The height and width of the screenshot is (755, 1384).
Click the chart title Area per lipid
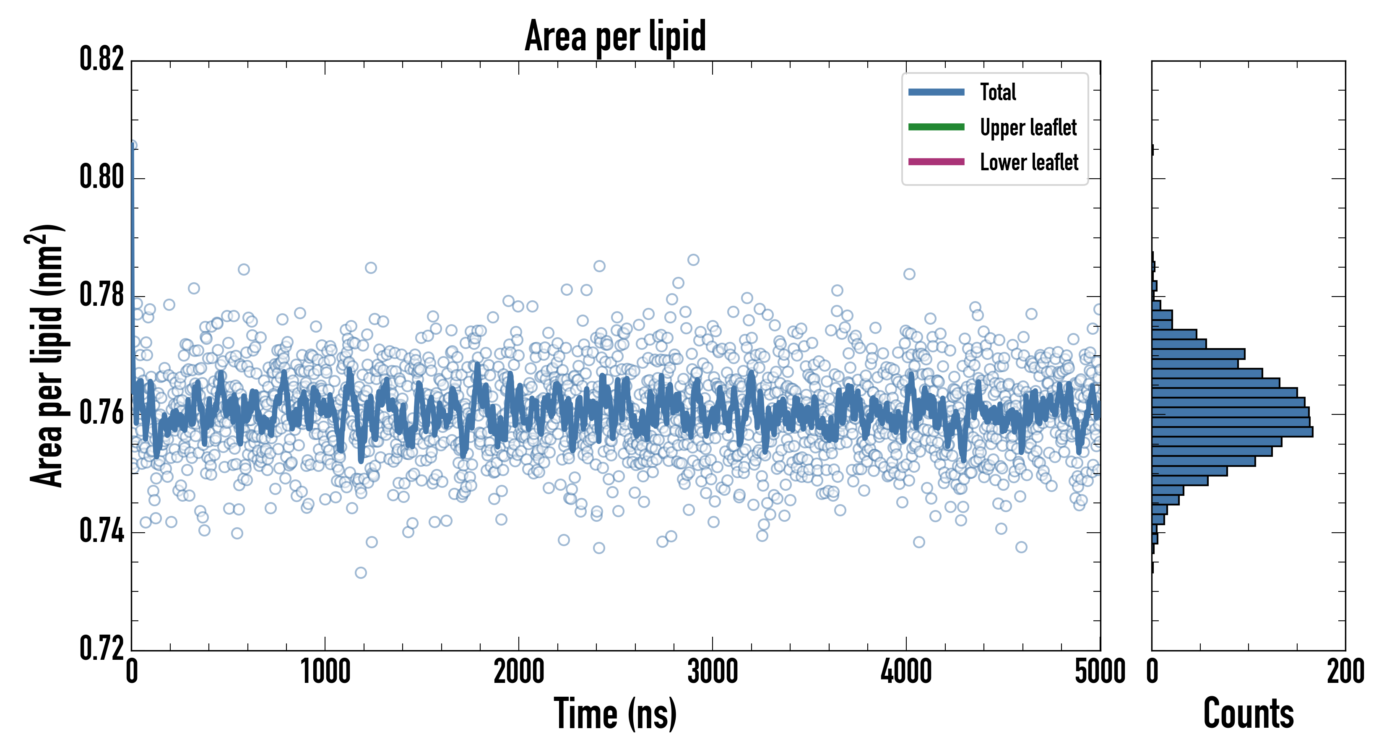coord(615,36)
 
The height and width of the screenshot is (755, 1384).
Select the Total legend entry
coord(998,92)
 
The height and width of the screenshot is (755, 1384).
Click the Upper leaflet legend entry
coord(1028,128)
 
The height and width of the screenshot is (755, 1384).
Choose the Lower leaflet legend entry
coord(1029,162)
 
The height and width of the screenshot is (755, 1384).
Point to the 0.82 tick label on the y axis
coord(102,59)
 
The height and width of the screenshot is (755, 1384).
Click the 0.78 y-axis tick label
coord(102,295)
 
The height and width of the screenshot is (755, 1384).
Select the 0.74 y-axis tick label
coord(102,531)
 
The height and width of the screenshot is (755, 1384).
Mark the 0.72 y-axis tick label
coord(102,648)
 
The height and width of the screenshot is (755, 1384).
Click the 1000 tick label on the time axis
coord(325,672)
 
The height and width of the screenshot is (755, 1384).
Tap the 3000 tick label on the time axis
coord(713,672)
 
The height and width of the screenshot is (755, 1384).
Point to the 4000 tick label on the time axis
coord(906,672)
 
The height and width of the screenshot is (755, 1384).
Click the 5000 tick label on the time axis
coord(1100,672)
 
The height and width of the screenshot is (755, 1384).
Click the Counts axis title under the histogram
coord(1249,713)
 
